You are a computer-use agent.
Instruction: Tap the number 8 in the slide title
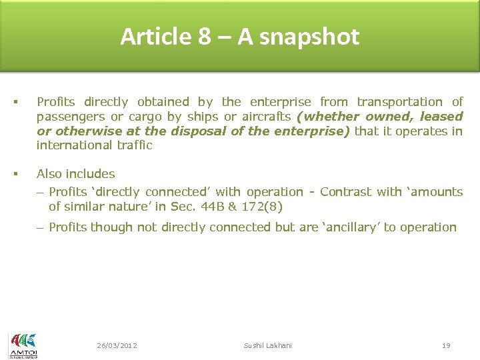204,37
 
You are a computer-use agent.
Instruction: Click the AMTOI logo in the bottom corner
23,345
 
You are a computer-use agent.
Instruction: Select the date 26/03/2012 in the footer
117,345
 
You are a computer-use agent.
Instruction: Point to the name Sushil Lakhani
268,345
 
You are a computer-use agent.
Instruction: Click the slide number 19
446,345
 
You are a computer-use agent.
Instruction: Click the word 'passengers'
69,117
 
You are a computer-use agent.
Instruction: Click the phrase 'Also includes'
75,174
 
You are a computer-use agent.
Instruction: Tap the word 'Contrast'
345,192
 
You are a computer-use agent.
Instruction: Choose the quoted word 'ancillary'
351,227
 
